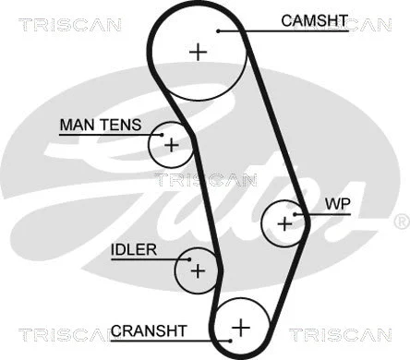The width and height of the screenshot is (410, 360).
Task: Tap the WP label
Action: point(336,202)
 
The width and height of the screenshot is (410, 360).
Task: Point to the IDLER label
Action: point(134,250)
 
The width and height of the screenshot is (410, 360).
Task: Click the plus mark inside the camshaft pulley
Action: point(198,52)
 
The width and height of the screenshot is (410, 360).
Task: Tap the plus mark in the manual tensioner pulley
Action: point(170,144)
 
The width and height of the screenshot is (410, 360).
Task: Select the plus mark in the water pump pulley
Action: point(284,222)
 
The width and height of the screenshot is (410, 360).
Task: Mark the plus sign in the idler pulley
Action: point(197,270)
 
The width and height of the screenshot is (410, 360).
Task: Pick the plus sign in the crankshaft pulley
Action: point(240,327)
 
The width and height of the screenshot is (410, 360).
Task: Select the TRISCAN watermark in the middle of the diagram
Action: point(205,179)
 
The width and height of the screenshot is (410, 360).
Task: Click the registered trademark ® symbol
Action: point(401,222)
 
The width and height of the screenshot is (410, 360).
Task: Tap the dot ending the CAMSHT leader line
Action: point(219,31)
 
